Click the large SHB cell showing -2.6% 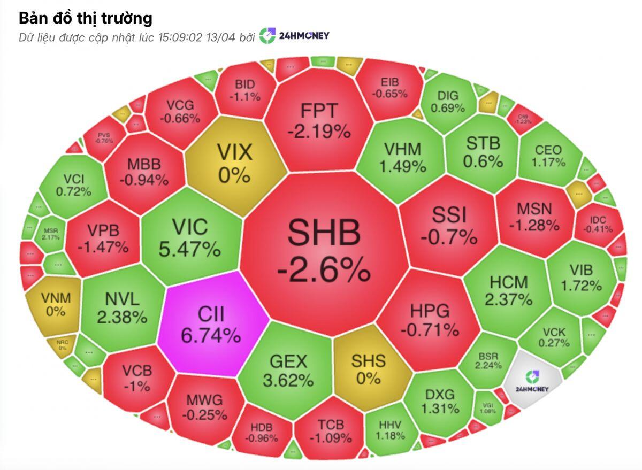pyautogui.click(x=323, y=249)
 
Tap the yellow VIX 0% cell pyautogui.click(x=234, y=161)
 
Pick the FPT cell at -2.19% pyautogui.click(x=319, y=119)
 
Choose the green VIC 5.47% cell pyautogui.click(x=189, y=237)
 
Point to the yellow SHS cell pyautogui.click(x=368, y=369)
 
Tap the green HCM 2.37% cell pyautogui.click(x=508, y=290)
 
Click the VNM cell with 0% pyautogui.click(x=55, y=304)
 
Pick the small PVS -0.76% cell pyautogui.click(x=104, y=137)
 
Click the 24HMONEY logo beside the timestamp pyautogui.click(x=294, y=36)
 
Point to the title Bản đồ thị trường pyautogui.click(x=86, y=18)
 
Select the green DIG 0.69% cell pyautogui.click(x=448, y=102)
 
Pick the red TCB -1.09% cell pyautogui.click(x=330, y=431)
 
